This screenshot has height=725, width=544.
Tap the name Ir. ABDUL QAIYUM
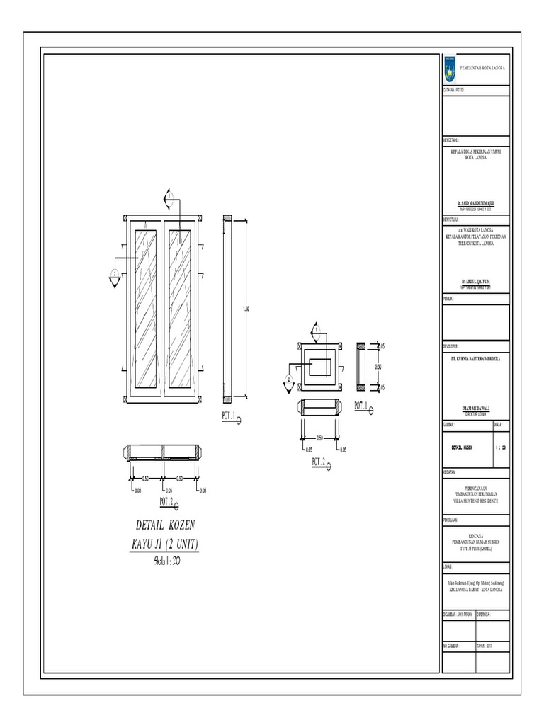pyautogui.click(x=475, y=281)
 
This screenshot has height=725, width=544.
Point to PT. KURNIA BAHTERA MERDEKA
pyautogui.click(x=475, y=360)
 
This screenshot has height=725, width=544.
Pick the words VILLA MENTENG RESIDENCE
pyautogui.click(x=475, y=500)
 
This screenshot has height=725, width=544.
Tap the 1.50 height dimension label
pyautogui.click(x=246, y=309)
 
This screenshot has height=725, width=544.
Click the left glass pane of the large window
pyautogui.click(x=147, y=309)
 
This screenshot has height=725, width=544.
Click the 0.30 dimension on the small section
pyautogui.click(x=379, y=367)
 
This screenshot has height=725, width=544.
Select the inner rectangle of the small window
pyautogui.click(x=321, y=367)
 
